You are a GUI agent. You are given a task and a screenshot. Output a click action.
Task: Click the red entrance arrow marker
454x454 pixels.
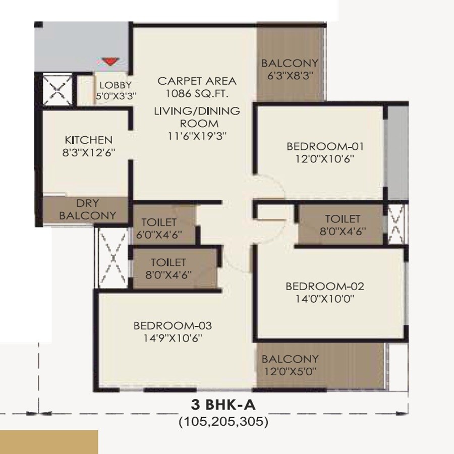tap(109, 62)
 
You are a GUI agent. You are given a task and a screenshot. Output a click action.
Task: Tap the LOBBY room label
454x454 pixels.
tap(115, 85)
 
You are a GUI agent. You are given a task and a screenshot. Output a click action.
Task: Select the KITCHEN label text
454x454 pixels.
tap(88, 140)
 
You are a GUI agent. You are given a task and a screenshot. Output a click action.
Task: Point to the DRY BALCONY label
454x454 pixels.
tap(88, 209)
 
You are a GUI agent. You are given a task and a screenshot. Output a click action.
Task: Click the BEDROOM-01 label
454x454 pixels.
tap(325, 147)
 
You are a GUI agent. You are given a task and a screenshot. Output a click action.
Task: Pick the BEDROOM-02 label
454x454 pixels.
tap(324, 287)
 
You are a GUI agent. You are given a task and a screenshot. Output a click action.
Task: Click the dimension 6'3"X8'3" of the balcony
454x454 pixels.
tap(290, 75)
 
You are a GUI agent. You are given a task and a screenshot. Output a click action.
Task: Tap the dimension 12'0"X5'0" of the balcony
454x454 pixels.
tap(290, 371)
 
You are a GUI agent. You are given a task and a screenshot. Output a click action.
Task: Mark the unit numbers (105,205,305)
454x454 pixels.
tap(222, 422)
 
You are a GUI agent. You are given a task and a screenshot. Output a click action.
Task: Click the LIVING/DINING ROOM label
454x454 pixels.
tap(197, 117)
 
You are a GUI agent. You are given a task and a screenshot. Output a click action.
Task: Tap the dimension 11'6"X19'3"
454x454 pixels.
tap(197, 135)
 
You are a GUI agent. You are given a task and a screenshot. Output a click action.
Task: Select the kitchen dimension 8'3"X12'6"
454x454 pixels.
tap(88, 152)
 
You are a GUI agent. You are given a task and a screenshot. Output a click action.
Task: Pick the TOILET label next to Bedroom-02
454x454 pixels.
tap(343, 219)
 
